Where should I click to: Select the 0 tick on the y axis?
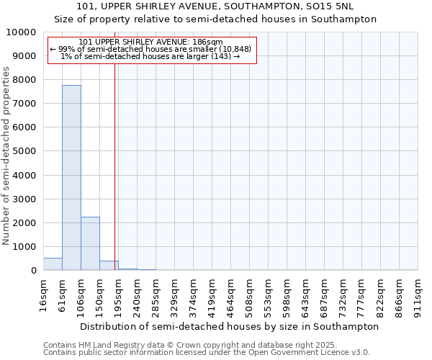(x=33, y=271)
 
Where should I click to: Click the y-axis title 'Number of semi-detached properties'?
(x=6, y=156)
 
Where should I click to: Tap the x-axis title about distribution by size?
(x=229, y=326)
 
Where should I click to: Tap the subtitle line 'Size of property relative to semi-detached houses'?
(x=215, y=19)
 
